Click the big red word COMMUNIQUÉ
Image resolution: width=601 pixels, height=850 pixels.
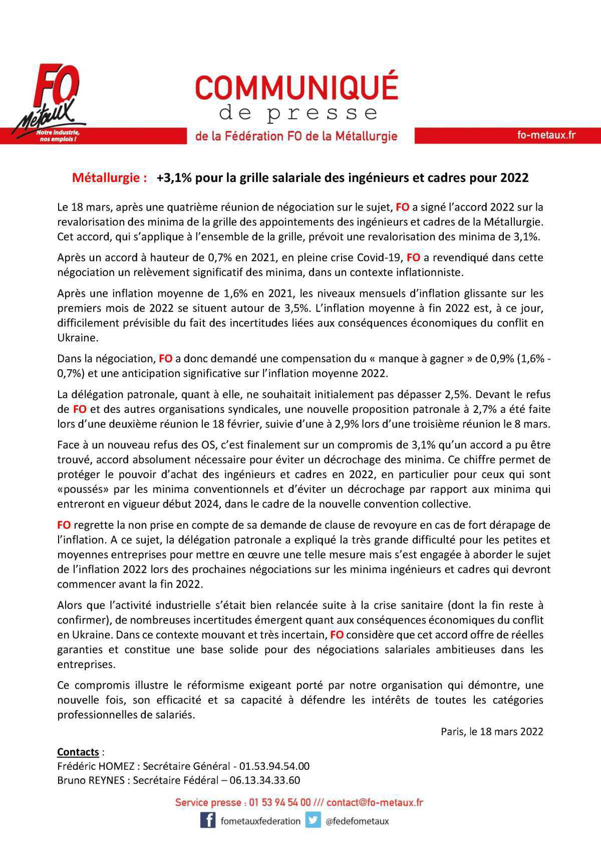pyautogui.click(x=296, y=87)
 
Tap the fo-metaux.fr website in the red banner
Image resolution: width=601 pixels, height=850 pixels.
pyautogui.click(x=546, y=135)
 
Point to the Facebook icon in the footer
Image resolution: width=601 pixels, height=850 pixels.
pyautogui.click(x=208, y=820)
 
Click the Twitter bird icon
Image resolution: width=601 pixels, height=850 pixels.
pyautogui.click(x=313, y=820)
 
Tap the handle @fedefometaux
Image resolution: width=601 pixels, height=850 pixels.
pyautogui.click(x=357, y=821)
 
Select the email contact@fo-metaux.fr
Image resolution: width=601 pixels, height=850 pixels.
pyautogui.click(x=375, y=802)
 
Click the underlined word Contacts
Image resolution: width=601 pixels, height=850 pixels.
pyautogui.click(x=78, y=752)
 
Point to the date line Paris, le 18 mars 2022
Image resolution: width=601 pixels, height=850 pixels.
pyautogui.click(x=492, y=731)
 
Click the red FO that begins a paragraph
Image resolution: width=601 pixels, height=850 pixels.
pyautogui.click(x=64, y=525)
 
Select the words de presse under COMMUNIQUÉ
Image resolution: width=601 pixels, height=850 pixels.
pyautogui.click(x=298, y=113)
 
